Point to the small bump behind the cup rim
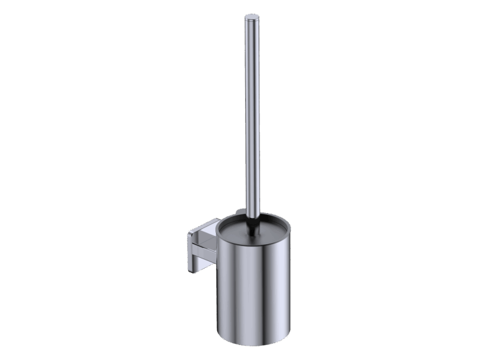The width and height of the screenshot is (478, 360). pos(239,206)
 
